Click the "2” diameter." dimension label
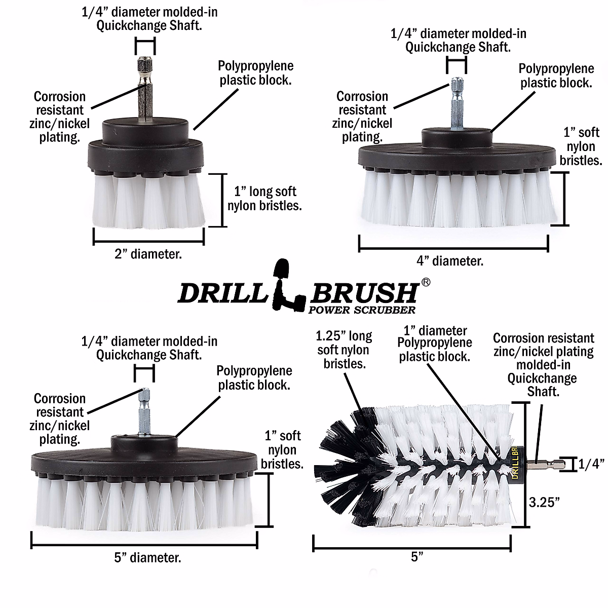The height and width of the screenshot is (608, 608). [x=147, y=254]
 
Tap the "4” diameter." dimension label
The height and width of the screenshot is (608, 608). [x=450, y=261]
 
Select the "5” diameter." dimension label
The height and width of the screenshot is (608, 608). [x=147, y=558]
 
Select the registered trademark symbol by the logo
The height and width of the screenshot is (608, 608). [x=426, y=282]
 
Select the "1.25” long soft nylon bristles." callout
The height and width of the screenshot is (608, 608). [x=344, y=350]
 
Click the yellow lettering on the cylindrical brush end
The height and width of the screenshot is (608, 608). [x=514, y=462]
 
